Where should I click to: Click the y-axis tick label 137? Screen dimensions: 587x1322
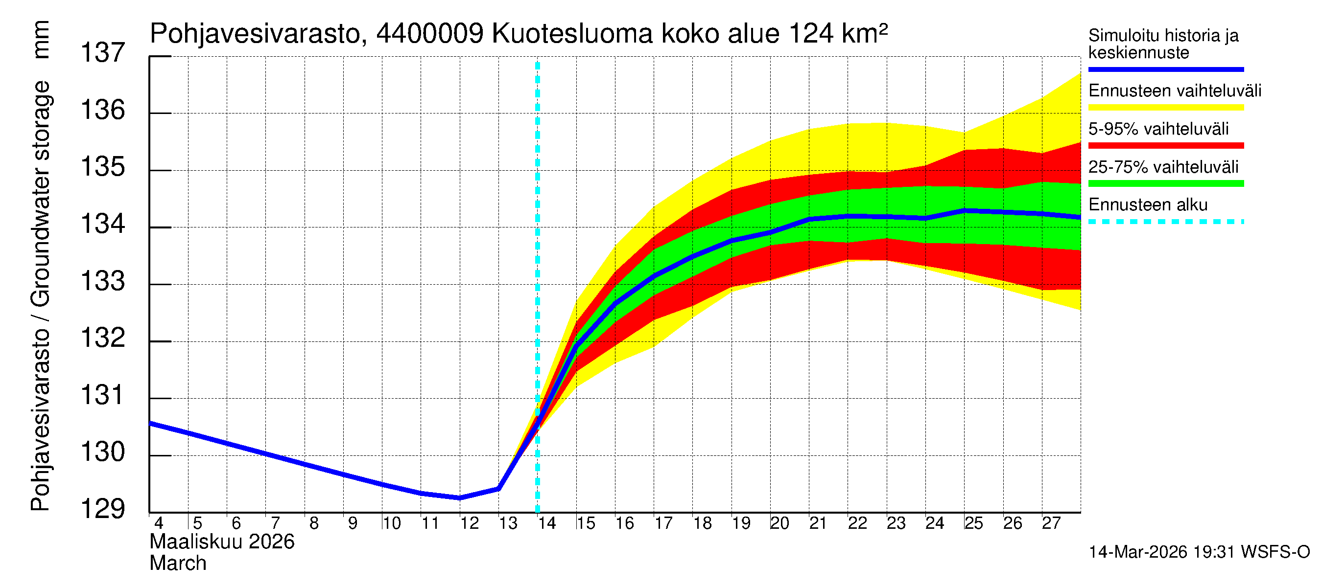[x=103, y=53]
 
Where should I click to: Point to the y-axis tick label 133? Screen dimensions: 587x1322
[x=103, y=281]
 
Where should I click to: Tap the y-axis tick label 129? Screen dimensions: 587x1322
[x=103, y=509]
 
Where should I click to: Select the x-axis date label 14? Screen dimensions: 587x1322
[x=546, y=523]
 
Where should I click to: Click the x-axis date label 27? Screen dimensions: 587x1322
[x=1051, y=523]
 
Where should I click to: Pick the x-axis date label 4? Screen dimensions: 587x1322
[x=159, y=523]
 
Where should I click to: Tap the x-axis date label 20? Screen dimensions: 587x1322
[x=779, y=523]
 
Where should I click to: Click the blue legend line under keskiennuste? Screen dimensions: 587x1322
[x=1165, y=69]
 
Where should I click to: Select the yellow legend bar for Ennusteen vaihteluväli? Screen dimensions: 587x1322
[x=1165, y=108]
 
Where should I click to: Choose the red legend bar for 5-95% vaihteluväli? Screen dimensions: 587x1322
[x=1165, y=146]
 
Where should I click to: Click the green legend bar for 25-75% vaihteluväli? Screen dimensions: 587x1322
[x=1165, y=183]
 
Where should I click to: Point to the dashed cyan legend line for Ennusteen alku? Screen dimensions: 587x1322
[x=1165, y=222]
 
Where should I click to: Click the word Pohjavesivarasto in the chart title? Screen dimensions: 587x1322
[x=255, y=34]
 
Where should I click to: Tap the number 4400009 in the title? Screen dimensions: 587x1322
[x=429, y=34]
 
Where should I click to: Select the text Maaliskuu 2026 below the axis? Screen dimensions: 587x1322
[x=222, y=542]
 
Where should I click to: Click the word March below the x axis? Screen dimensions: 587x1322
[x=178, y=564]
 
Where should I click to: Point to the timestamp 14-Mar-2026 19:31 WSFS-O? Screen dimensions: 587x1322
[x=1199, y=552]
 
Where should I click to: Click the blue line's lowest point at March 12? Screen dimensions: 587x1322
[x=460, y=498]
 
